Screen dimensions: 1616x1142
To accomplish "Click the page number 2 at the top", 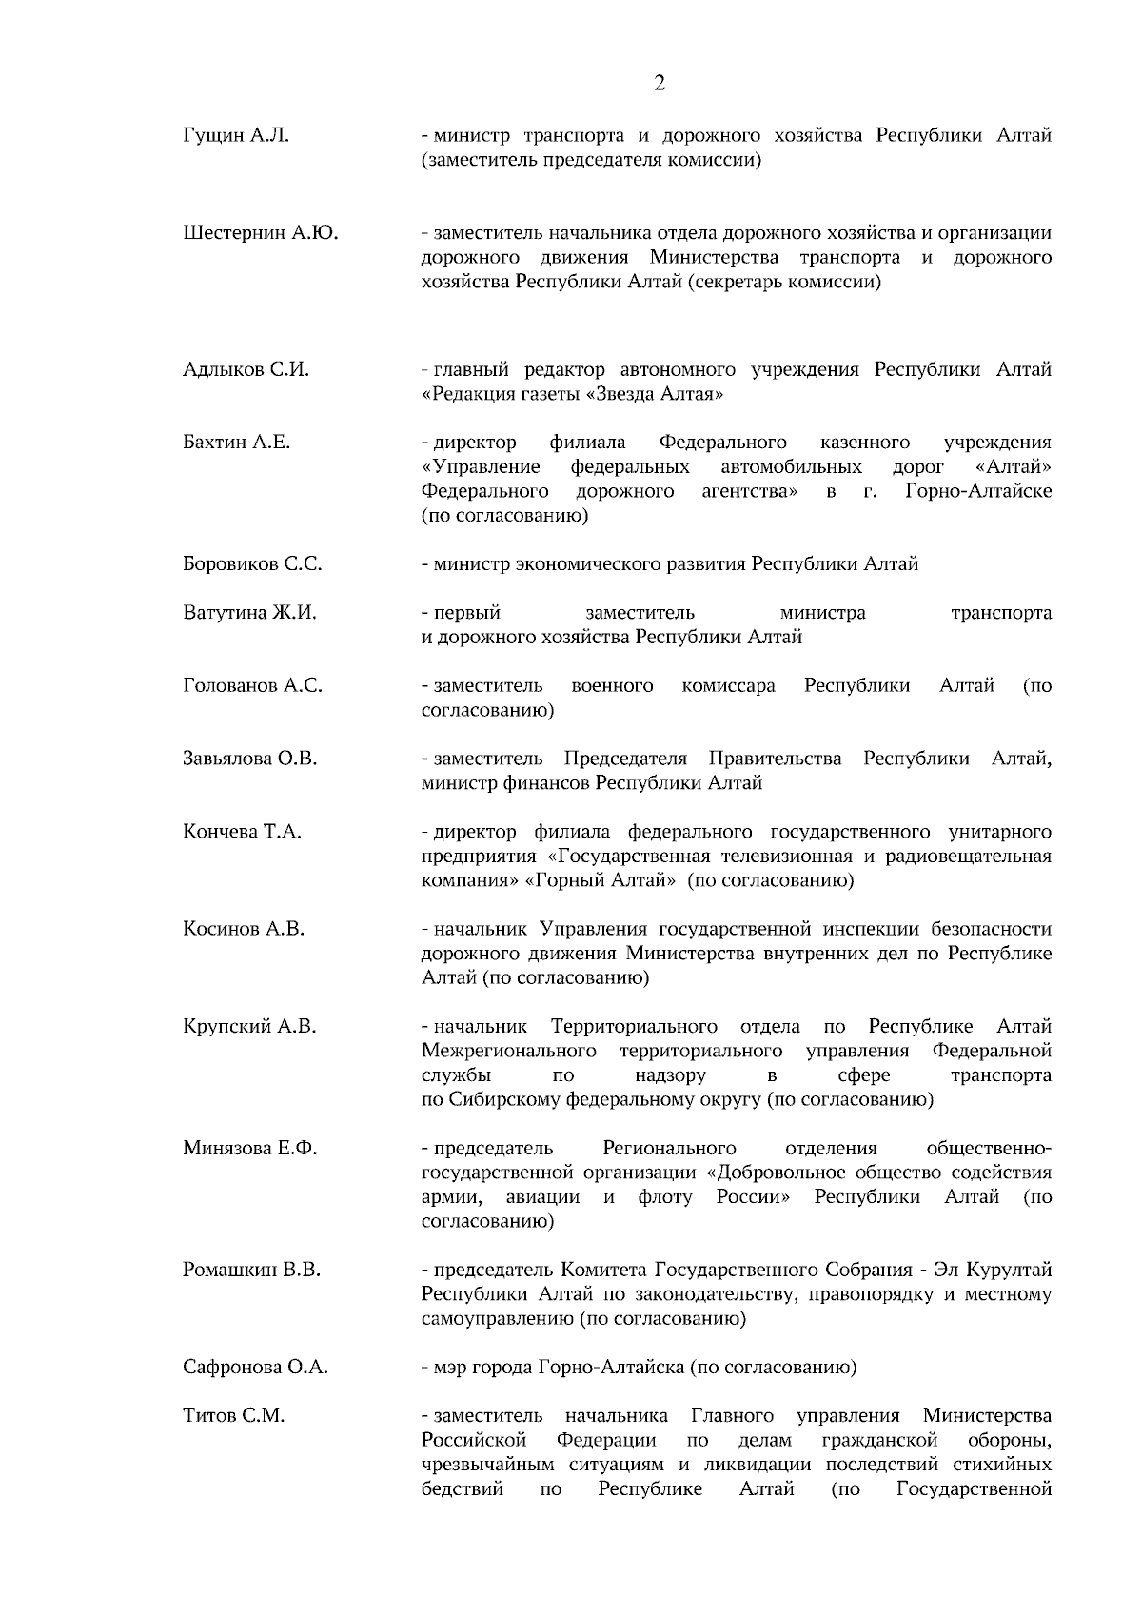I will click(x=660, y=84).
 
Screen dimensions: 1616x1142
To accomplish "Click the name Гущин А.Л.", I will click(x=236, y=136).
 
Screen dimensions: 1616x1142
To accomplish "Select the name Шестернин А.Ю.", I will click(x=260, y=233).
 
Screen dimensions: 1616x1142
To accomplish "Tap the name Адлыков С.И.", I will click(x=246, y=369).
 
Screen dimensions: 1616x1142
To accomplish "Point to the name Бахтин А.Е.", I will click(x=237, y=443).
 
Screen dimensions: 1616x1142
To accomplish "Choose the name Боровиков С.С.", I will click(x=252, y=564).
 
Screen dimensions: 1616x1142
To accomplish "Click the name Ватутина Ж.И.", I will click(x=249, y=613).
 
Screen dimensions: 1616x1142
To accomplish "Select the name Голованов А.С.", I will click(x=252, y=686).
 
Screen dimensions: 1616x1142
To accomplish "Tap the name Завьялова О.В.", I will click(x=249, y=759).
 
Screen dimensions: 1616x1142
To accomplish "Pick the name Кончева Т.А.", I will click(x=242, y=832).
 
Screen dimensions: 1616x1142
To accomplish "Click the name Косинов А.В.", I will click(x=244, y=930).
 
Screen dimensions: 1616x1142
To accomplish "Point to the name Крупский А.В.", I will click(x=249, y=1027).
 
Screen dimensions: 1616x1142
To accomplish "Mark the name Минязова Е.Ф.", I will click(x=249, y=1149).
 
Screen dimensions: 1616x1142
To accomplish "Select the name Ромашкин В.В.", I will click(x=251, y=1271).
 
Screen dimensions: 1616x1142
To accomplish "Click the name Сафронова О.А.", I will click(x=255, y=1369).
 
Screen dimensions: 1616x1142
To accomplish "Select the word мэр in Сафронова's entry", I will click(x=451, y=1369).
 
